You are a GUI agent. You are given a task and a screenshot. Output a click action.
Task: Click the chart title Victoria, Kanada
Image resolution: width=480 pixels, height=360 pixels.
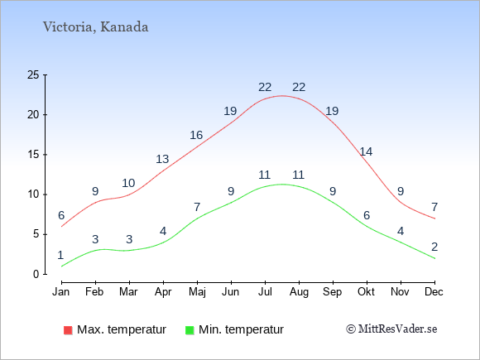point(95,27)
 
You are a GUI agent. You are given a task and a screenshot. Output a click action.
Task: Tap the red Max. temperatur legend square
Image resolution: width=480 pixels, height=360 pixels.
point(68,330)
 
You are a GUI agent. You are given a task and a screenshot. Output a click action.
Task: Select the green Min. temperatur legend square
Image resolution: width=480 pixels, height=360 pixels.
point(190,330)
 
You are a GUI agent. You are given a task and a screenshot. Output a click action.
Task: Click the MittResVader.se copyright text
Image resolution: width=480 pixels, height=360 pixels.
point(391,329)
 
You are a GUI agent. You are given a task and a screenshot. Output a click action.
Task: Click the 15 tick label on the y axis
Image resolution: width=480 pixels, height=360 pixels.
point(33,155)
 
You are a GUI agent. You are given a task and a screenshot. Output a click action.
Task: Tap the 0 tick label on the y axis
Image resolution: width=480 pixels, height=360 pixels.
point(36,274)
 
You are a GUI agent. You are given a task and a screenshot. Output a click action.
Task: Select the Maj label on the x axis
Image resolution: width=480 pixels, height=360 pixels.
point(197,292)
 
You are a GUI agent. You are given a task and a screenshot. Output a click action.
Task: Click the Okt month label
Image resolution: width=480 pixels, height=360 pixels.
point(366,292)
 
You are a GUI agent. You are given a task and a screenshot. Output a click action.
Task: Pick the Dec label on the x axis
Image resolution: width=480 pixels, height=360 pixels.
point(434,292)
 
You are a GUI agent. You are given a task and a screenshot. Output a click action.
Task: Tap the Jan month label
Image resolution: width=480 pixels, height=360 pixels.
point(61,292)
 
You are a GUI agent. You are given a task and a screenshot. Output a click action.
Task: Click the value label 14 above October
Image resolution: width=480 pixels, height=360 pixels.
point(366,151)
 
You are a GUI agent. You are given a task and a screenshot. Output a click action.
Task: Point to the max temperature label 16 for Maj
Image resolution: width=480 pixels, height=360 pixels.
point(196,135)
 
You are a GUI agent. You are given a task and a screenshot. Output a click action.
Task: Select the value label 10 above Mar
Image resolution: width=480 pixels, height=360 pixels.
point(128,184)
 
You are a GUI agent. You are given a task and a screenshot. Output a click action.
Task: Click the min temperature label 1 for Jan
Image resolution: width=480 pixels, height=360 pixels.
point(60,255)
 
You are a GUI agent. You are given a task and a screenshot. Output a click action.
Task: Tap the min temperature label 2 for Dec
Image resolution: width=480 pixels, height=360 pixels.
point(434,247)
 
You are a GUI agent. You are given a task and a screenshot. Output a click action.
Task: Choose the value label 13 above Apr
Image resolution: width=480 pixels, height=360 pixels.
point(162,159)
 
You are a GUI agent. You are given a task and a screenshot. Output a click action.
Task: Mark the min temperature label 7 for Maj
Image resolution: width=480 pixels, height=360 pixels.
point(197,207)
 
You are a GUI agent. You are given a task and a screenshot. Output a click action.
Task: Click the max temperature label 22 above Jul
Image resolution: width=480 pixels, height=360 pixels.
point(265,88)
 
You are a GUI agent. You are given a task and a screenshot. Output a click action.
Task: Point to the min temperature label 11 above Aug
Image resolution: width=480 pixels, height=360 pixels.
point(298,175)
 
